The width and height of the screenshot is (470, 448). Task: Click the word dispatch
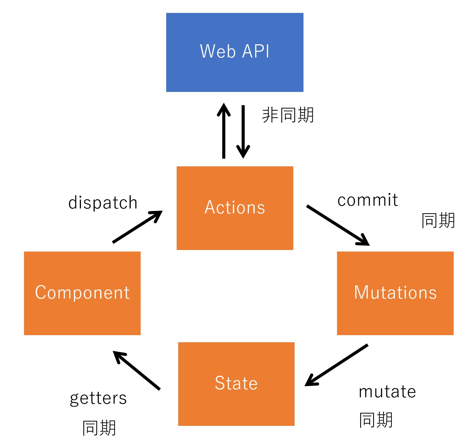click(103, 203)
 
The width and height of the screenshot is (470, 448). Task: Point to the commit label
click(368, 200)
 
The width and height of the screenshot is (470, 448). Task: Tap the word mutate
click(387, 392)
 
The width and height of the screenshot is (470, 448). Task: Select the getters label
click(98, 398)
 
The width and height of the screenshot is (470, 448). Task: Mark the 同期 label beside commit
click(438, 220)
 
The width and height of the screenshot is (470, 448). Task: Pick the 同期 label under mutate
click(376, 420)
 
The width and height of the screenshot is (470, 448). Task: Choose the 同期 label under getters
click(99, 428)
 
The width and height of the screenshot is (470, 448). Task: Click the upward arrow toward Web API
click(224, 131)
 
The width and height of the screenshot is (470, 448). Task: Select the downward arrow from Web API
click(243, 132)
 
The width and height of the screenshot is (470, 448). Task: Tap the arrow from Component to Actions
click(137, 227)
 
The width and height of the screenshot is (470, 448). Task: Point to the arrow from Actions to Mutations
click(338, 225)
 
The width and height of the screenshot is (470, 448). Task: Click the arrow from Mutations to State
click(336, 365)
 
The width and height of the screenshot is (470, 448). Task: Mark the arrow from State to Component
click(137, 371)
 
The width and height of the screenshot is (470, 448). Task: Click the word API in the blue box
click(255, 51)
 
